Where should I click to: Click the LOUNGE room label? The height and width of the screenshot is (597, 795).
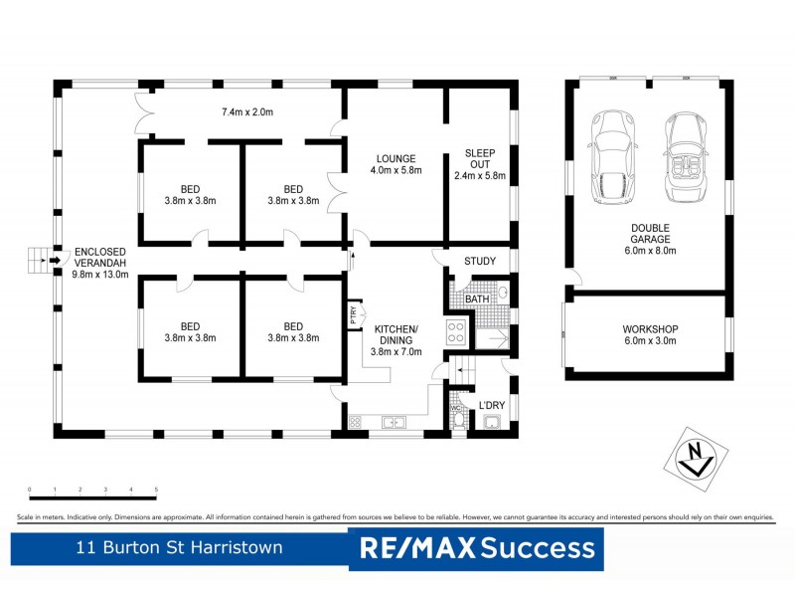[396, 159]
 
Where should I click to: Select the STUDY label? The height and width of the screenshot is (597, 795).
[480, 263]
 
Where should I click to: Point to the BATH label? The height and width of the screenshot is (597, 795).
[476, 298]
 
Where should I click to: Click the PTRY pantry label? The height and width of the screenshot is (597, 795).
[353, 315]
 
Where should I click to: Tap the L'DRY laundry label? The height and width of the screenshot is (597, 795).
[492, 405]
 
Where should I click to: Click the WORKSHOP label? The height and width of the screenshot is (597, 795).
[650, 329]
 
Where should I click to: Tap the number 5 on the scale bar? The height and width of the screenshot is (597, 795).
[156, 491]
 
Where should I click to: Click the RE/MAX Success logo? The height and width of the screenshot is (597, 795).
[476, 548]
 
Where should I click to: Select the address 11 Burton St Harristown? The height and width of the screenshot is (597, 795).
[179, 547]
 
